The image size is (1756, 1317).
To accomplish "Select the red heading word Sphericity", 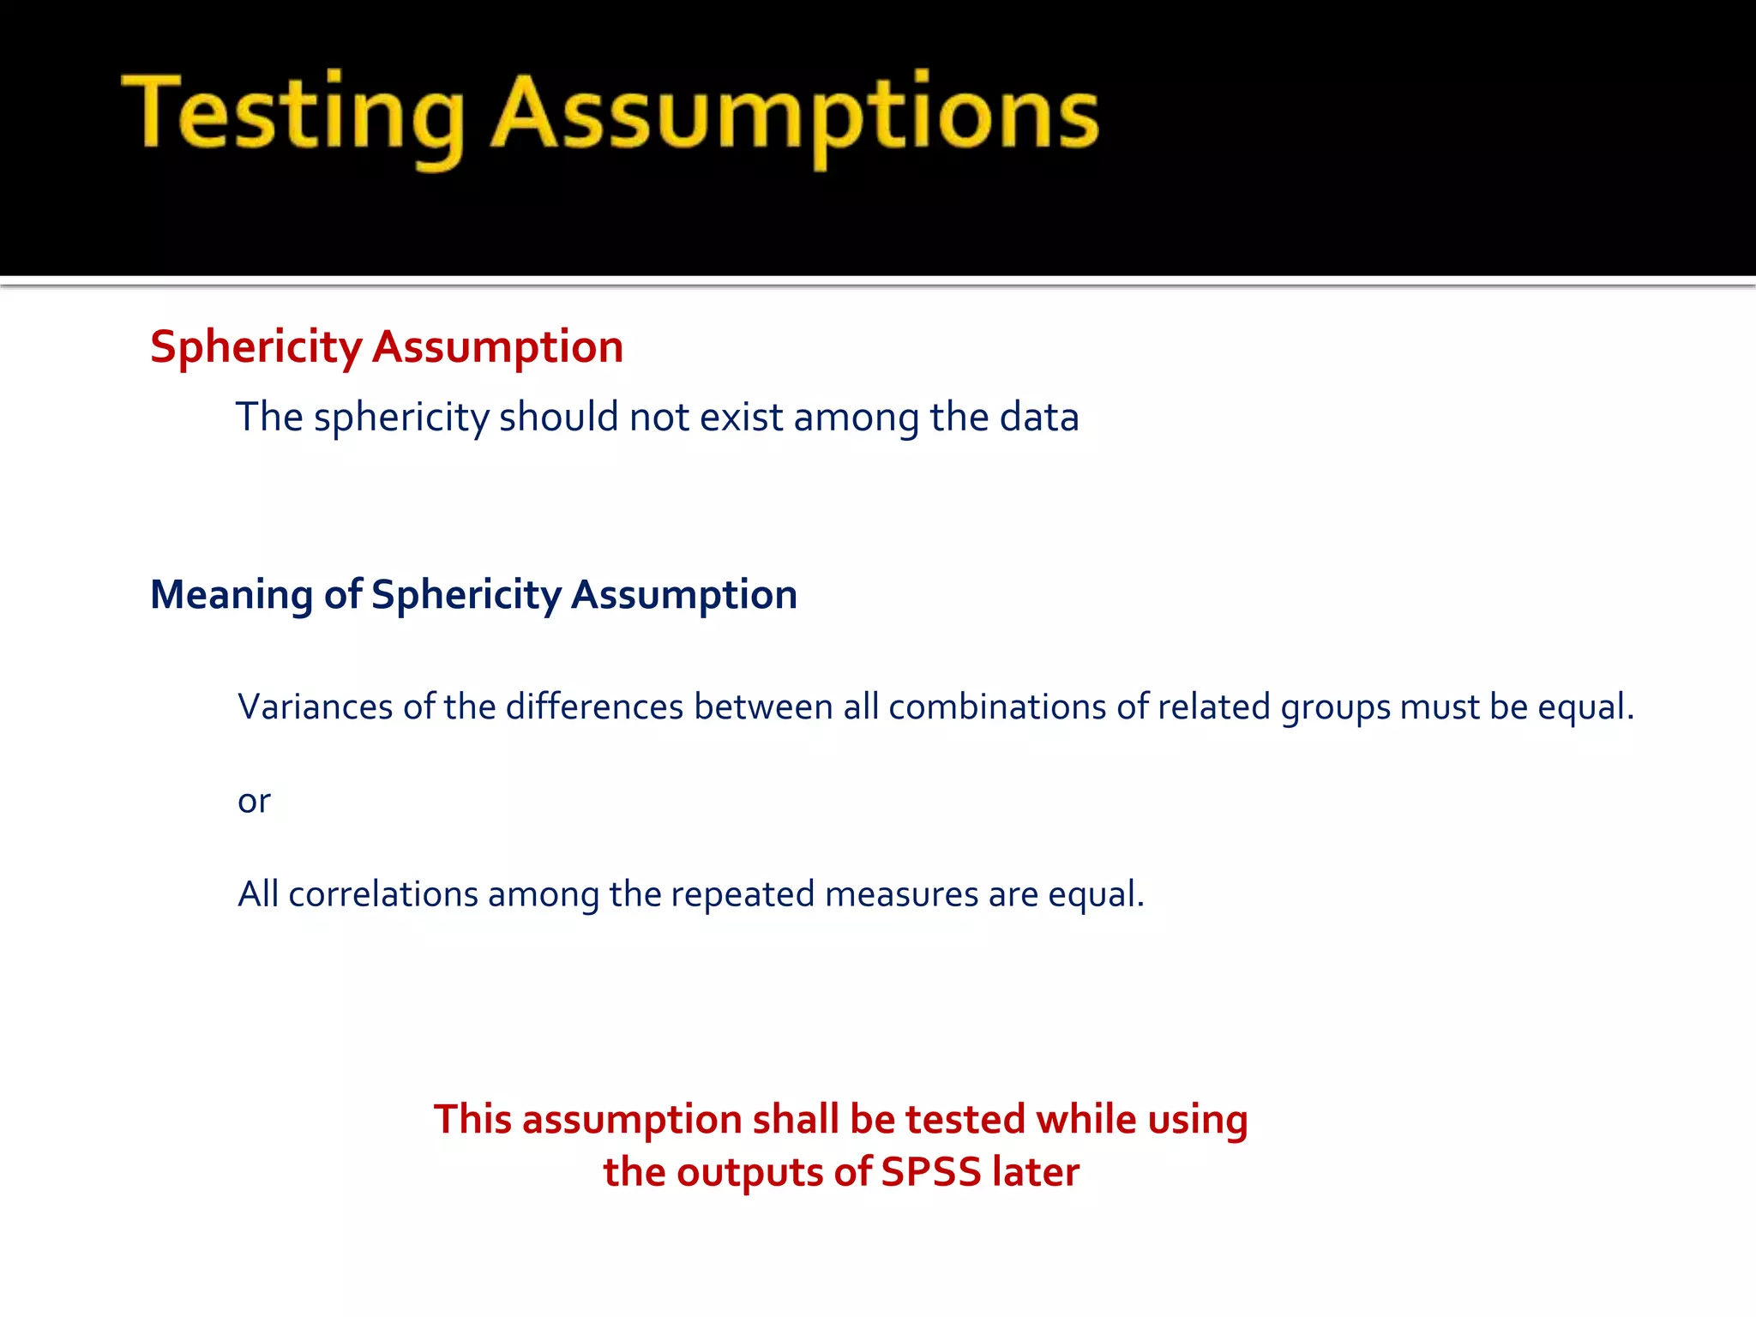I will pyautogui.click(x=256, y=347).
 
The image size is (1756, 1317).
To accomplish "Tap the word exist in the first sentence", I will pyautogui.click(x=741, y=418).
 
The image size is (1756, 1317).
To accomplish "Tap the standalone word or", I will pyautogui.click(x=254, y=801).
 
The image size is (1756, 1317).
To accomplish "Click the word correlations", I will pyautogui.click(x=383, y=894).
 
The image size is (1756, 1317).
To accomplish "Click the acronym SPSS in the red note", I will pyautogui.click(x=930, y=1172).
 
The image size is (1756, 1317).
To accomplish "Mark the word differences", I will pyautogui.click(x=594, y=707).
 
